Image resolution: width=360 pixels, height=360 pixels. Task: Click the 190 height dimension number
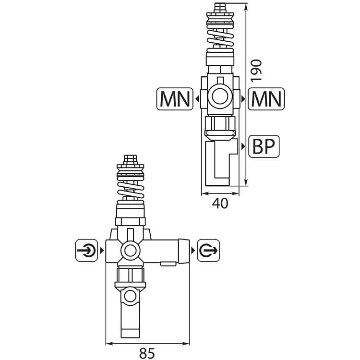point(256,71)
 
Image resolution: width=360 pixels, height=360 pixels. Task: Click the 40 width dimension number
point(220,204)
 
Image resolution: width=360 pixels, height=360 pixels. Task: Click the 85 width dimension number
point(147,353)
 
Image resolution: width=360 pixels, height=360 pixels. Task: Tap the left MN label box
point(175,99)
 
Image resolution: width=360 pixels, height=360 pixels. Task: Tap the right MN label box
point(266,99)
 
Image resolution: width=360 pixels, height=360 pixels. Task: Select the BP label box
point(264,146)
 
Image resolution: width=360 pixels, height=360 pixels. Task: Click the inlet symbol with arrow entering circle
point(86,250)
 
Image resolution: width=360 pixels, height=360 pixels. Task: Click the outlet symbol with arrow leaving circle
point(208,250)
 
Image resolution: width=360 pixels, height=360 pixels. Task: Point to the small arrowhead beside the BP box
point(243,146)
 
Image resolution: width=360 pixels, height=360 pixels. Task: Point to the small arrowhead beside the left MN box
point(197,99)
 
